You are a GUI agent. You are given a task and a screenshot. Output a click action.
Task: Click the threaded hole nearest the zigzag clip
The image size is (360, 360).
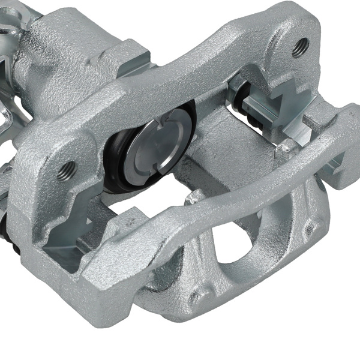pos(299,47)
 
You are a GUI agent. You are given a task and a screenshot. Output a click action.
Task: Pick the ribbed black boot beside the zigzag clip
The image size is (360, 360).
pos(244,99)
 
